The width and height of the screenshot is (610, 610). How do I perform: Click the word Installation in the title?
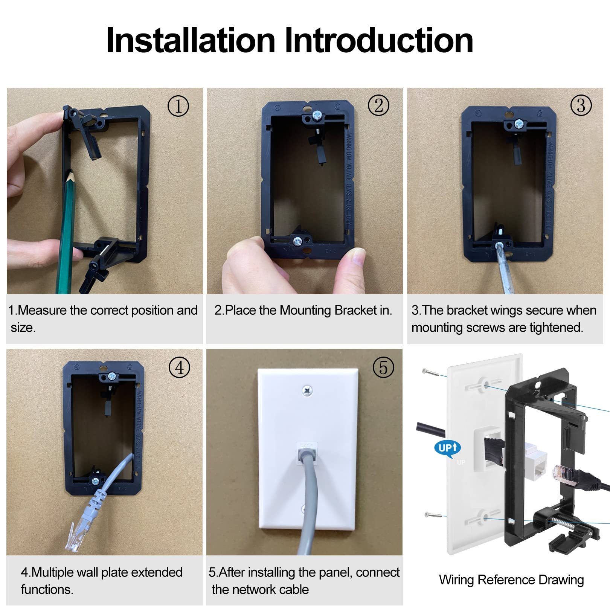(191, 41)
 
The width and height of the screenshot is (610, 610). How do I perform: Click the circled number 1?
(178, 106)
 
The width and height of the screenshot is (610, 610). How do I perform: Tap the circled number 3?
(581, 105)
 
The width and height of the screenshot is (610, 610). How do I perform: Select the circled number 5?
(383, 367)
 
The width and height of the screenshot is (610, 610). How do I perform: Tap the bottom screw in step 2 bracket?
(297, 241)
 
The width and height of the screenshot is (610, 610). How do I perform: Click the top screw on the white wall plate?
(308, 391)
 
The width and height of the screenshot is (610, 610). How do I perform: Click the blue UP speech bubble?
(448, 448)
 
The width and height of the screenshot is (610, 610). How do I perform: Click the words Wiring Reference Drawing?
(511, 580)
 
